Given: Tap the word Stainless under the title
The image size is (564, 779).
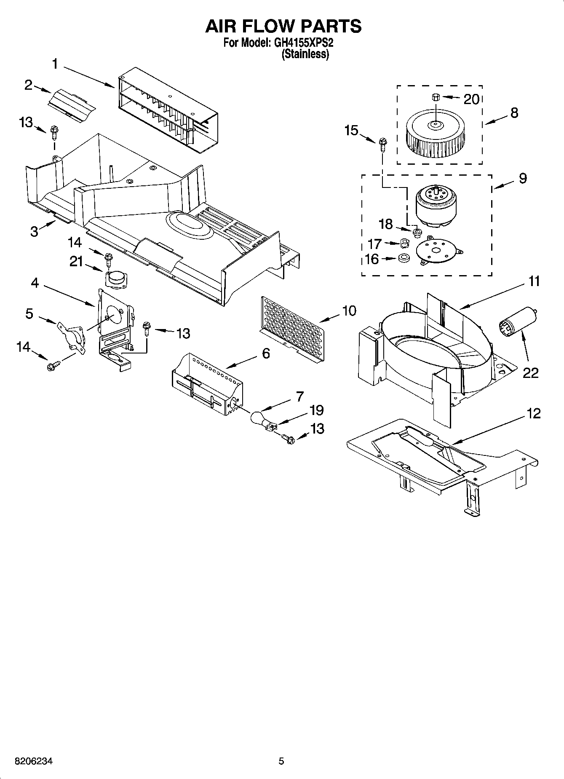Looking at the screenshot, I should pyautogui.click(x=305, y=54).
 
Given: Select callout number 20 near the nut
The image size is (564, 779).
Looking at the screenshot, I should pyautogui.click(x=471, y=99).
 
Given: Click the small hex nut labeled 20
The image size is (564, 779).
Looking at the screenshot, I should pyautogui.click(x=435, y=98).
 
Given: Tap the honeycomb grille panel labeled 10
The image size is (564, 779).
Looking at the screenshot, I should pyautogui.click(x=293, y=328).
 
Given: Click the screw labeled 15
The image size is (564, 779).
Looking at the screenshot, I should pyautogui.click(x=382, y=145).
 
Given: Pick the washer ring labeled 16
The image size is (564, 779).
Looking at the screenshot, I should pyautogui.click(x=403, y=259).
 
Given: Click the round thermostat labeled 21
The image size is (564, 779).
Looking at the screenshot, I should pyautogui.click(x=115, y=279).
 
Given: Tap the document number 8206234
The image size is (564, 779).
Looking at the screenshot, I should pyautogui.click(x=34, y=761).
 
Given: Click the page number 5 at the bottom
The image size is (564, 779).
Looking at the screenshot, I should pyautogui.click(x=281, y=761).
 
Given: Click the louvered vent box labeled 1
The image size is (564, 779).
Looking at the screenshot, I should pyautogui.click(x=168, y=111).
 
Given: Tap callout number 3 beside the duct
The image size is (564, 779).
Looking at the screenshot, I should pyautogui.click(x=35, y=231).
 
